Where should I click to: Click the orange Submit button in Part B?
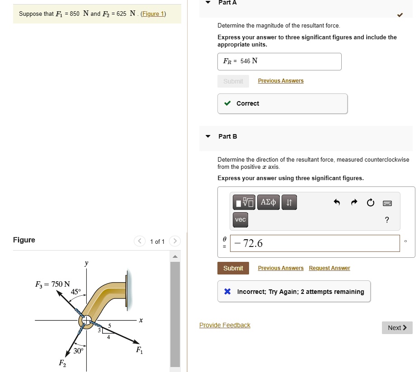(x=233, y=268)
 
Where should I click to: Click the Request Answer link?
(x=329, y=268)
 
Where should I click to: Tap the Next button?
(x=397, y=328)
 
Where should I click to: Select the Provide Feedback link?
(x=225, y=325)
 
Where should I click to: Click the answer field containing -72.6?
(x=315, y=243)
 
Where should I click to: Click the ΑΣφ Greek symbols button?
(x=268, y=202)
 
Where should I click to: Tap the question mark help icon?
(x=386, y=220)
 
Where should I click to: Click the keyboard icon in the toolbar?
(x=387, y=203)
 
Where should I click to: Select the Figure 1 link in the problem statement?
(x=153, y=14)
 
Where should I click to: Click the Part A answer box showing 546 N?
(x=279, y=61)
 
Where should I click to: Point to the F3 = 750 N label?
(x=52, y=284)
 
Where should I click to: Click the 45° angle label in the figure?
(x=76, y=292)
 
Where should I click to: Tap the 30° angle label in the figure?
(x=79, y=351)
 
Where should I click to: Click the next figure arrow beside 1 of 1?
(x=174, y=241)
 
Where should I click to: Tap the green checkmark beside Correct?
(x=227, y=103)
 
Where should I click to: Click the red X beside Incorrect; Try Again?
(x=227, y=292)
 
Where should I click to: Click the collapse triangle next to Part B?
(x=208, y=136)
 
